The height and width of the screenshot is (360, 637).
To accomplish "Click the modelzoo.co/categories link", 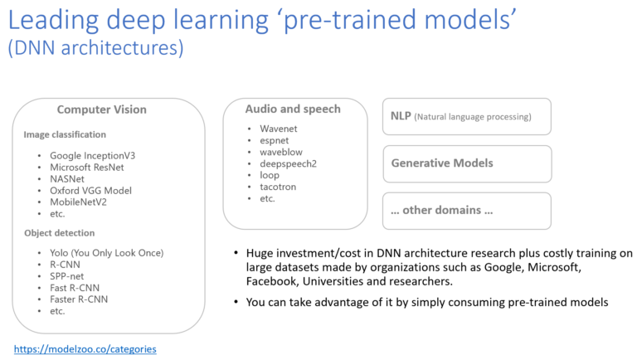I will (85, 349).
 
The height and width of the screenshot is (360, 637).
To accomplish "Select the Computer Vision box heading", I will (101, 109).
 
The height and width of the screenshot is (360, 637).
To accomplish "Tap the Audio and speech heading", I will (293, 109).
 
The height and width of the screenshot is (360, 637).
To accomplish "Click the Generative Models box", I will (466, 163).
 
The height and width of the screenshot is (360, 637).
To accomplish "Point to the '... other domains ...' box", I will (466, 210).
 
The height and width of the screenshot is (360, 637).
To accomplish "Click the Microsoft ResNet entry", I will (86, 167).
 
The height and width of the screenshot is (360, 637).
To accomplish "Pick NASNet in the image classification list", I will (67, 178).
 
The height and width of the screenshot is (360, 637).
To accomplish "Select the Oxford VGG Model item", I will (90, 190).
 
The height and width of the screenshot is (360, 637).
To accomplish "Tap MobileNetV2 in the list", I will (79, 202).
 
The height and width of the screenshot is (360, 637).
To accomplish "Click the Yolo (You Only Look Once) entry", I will (106, 252).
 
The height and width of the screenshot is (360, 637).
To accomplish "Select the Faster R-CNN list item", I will (79, 299).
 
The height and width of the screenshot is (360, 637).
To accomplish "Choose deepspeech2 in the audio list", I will (289, 163).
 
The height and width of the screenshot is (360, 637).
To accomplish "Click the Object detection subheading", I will (59, 233).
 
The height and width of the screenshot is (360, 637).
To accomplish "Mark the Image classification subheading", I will (65, 134).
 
